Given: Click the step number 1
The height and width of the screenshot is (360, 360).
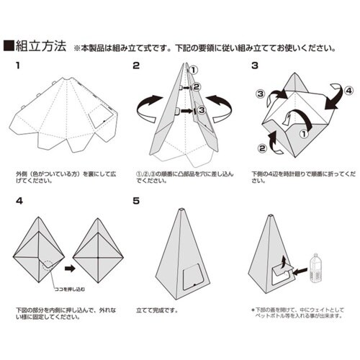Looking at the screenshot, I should [18, 66].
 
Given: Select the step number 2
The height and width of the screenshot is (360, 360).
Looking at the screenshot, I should [136, 66].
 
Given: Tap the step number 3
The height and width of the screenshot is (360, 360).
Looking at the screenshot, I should [254, 66].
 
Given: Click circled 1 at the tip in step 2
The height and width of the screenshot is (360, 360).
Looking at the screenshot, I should [194, 70].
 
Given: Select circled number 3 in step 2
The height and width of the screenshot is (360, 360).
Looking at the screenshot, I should [202, 110].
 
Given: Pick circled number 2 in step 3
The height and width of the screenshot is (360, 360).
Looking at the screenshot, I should [261, 149].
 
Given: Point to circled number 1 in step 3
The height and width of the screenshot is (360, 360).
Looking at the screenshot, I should [302, 132].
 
